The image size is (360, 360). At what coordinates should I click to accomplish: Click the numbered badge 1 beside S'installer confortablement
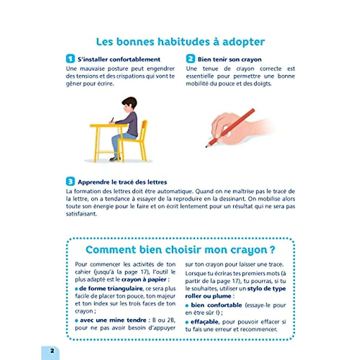(x=70, y=59)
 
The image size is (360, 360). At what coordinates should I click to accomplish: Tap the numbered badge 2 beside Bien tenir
(x=190, y=59)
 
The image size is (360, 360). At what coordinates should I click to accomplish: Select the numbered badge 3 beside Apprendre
(x=70, y=181)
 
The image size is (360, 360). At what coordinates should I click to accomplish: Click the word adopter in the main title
(x=243, y=42)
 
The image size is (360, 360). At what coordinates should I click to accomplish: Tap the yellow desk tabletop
(x=108, y=126)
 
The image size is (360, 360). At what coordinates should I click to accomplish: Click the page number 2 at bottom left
(x=52, y=351)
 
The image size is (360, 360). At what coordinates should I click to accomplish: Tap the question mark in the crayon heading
(x=272, y=250)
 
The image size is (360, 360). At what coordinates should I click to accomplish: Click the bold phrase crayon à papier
(x=144, y=280)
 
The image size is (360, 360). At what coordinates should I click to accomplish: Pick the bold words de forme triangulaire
(x=111, y=289)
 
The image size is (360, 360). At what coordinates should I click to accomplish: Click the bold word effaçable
(x=205, y=322)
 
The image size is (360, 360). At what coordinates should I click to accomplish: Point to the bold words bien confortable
(x=216, y=305)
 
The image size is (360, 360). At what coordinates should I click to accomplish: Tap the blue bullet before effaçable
(x=187, y=322)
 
